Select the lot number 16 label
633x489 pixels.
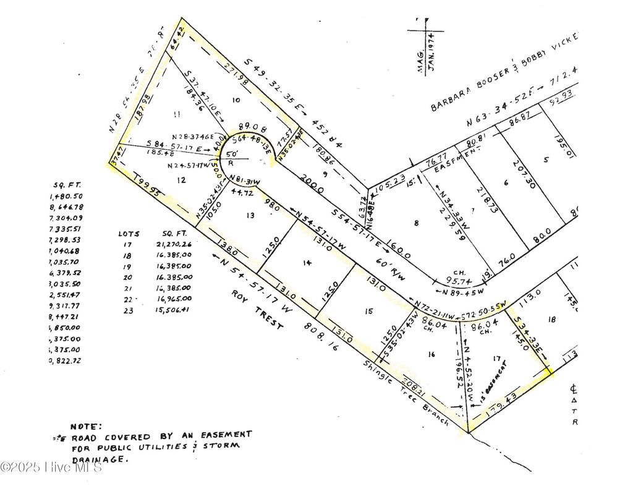tap(431, 354)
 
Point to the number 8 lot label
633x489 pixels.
tap(417, 223)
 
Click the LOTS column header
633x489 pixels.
tap(129, 234)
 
